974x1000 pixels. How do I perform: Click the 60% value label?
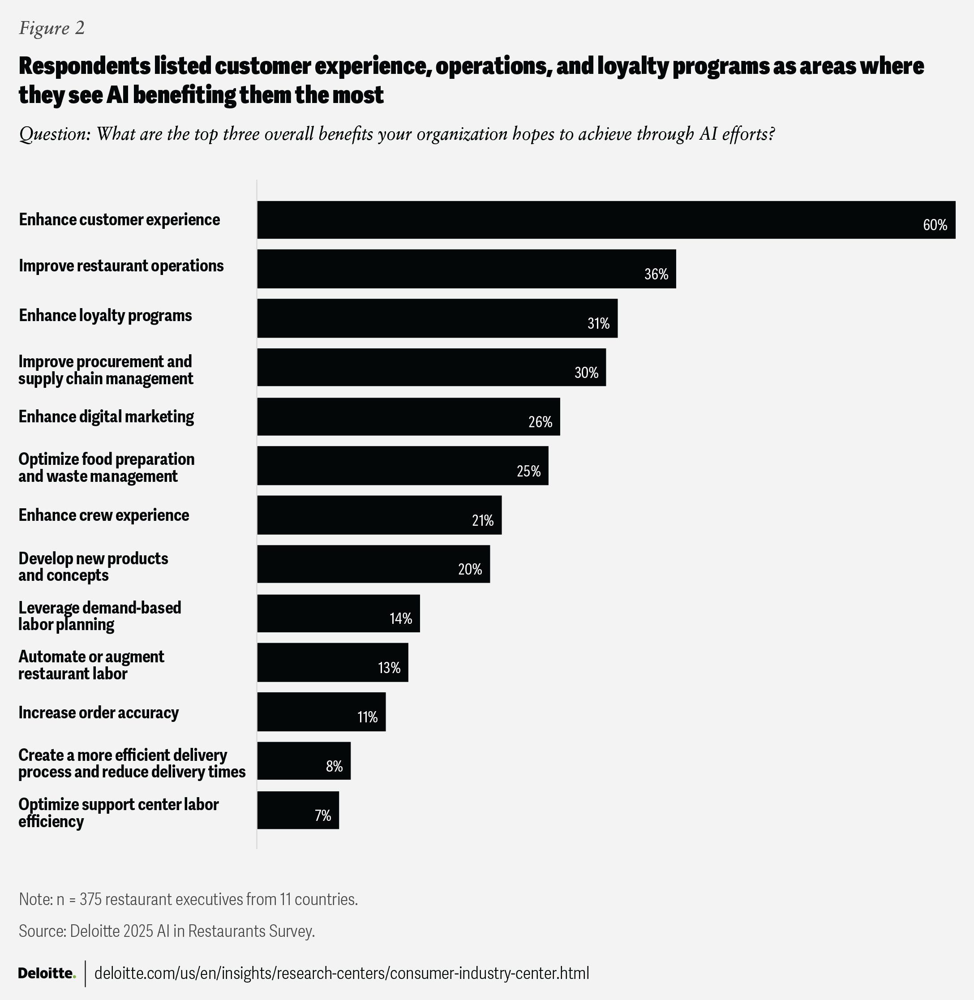point(935,225)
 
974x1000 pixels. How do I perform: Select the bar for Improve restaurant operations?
point(466,269)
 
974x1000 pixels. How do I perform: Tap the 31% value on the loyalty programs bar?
point(598,323)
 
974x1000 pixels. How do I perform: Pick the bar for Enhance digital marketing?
point(408,417)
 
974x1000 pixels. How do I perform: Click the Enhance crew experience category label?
point(104,515)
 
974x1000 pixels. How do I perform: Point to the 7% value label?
point(323,815)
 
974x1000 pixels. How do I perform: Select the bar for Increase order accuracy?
point(321,712)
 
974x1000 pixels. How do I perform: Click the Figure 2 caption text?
point(51,28)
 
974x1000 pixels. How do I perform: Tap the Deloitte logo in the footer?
point(47,973)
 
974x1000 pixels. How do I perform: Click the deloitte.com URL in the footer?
point(342,973)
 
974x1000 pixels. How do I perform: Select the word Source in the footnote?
point(42,931)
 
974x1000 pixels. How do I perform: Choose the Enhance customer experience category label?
point(119,219)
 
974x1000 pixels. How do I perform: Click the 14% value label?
point(400,618)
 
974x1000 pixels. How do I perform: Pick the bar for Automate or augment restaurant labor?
point(333,662)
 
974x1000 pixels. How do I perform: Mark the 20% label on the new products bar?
point(470,569)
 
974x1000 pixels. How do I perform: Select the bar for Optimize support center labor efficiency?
point(298,810)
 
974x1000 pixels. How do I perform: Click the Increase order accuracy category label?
point(99,712)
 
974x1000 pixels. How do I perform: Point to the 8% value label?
point(334,766)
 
